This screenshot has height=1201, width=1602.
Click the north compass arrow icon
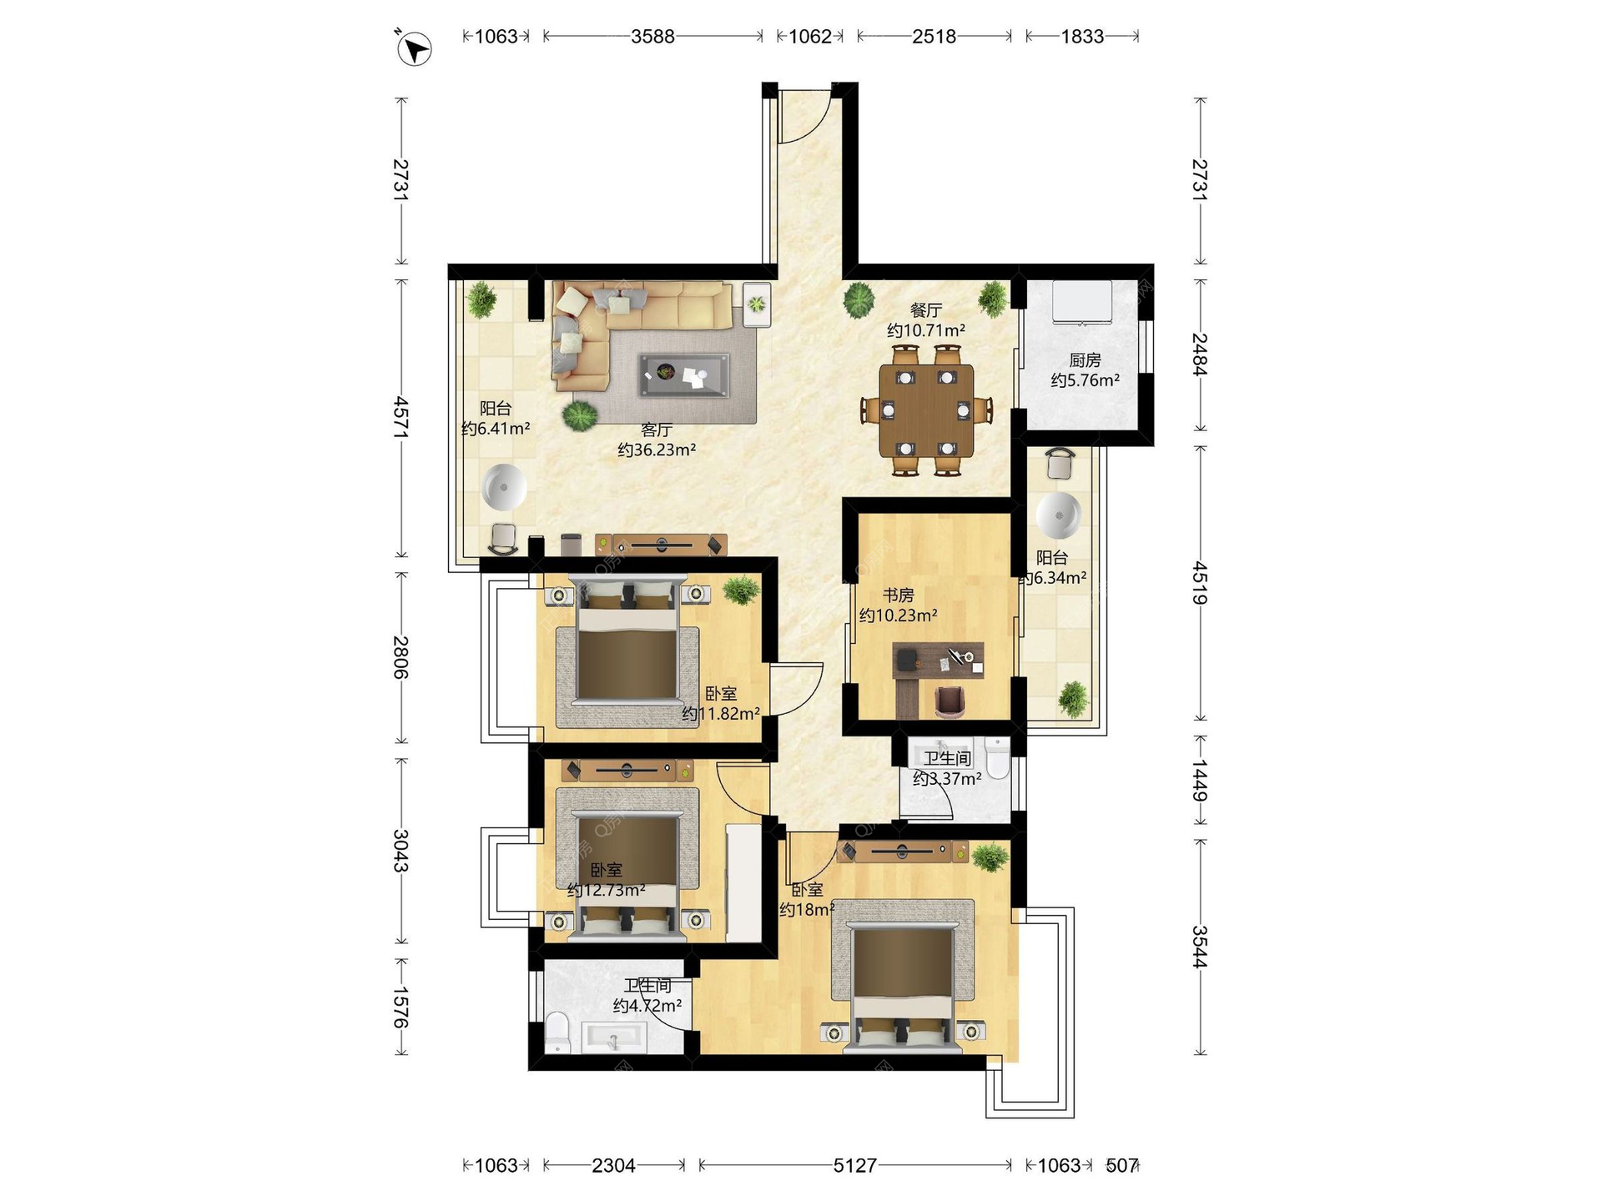pyautogui.click(x=414, y=48)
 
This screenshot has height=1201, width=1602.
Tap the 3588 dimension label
pyautogui.click(x=652, y=37)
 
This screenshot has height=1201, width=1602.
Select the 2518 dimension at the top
pyautogui.click(x=934, y=37)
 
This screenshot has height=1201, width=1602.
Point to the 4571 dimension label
pyautogui.click(x=401, y=418)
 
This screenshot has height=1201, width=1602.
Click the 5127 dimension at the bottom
pyautogui.click(x=855, y=1165)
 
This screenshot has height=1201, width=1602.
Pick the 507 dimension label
pyautogui.click(x=1121, y=1165)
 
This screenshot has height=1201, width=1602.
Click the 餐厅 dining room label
pyautogui.click(x=926, y=310)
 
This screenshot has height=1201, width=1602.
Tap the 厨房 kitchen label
pyautogui.click(x=1085, y=360)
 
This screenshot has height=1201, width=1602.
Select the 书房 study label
pyautogui.click(x=899, y=595)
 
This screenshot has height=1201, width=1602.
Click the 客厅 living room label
pyautogui.click(x=657, y=430)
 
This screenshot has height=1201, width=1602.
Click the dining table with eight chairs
pyautogui.click(x=926, y=410)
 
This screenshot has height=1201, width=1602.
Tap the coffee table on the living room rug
pyautogui.click(x=683, y=375)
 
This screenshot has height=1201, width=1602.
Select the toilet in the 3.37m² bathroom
pyautogui.click(x=998, y=756)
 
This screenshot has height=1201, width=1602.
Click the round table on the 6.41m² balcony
pyautogui.click(x=503, y=487)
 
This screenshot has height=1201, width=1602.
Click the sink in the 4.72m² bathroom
pyautogui.click(x=614, y=1038)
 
